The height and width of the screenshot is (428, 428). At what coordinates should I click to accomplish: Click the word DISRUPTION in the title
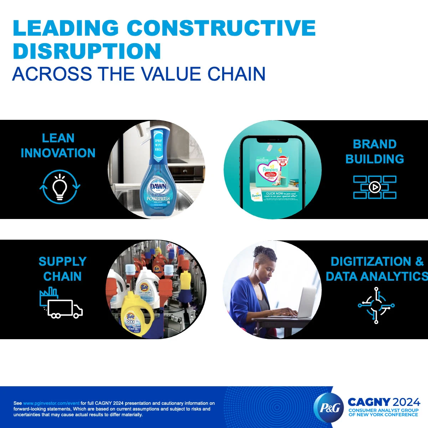(x=87, y=51)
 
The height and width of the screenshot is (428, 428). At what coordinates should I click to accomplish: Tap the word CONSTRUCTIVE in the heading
(x=221, y=28)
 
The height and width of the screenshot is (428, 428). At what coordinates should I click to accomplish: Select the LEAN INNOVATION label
(x=58, y=146)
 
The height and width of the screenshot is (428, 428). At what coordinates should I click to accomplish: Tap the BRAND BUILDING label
(x=374, y=152)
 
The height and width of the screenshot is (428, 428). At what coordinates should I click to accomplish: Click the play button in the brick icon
(x=374, y=187)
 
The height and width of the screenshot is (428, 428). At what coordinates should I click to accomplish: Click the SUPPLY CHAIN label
(x=62, y=269)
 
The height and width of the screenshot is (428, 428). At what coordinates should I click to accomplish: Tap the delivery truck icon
(x=64, y=309)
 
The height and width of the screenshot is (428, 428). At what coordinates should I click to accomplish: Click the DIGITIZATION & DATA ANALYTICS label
(x=377, y=269)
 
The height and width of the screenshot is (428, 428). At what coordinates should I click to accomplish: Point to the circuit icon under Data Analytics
(x=376, y=305)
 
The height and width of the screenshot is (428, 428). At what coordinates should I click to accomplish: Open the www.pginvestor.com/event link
(x=51, y=403)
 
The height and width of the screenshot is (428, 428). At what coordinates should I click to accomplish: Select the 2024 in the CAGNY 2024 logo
(x=406, y=402)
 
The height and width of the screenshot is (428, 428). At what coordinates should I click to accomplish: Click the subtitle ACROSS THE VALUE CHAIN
(x=139, y=74)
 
